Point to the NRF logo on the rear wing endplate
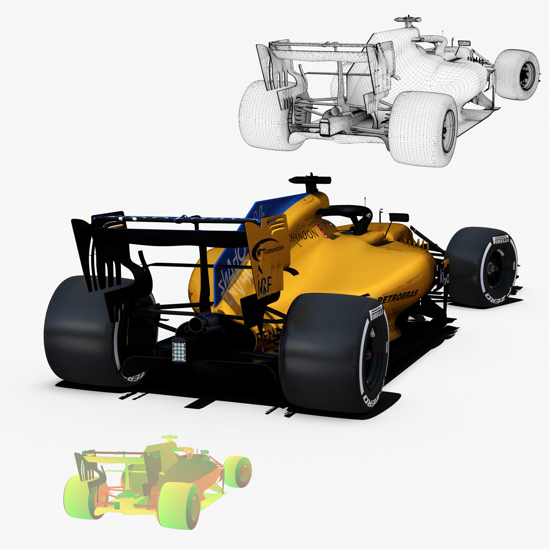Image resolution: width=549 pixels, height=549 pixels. tap(265, 285)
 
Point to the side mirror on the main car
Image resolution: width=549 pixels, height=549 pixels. tap(398, 217)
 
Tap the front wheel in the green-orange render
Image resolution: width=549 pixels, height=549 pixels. tap(238, 472)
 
